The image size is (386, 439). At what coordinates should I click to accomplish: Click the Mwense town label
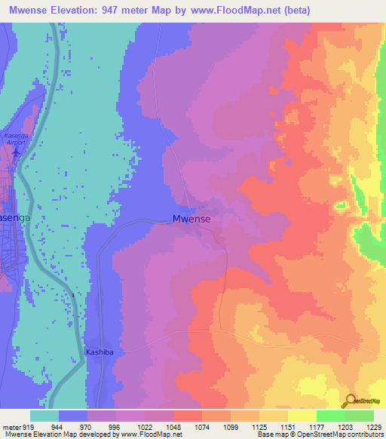[x=191, y=219]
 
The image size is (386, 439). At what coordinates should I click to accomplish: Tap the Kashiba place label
[x=100, y=352]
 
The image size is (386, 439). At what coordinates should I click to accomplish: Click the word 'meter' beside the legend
[x=10, y=427]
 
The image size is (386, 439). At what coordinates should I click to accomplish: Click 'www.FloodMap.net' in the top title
[x=234, y=10]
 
